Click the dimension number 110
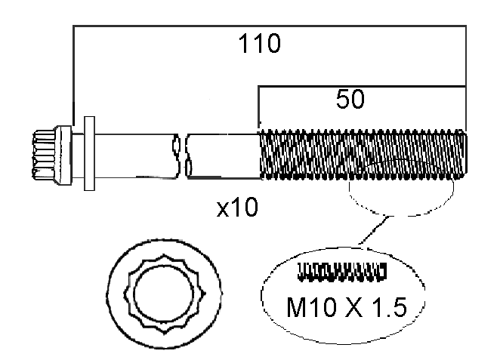260,45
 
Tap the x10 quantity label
237,207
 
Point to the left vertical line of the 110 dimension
73,75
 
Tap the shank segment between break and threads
224,155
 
